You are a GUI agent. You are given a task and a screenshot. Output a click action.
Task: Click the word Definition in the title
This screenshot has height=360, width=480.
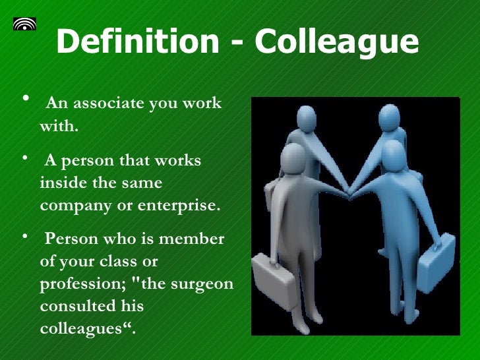pos(136,43)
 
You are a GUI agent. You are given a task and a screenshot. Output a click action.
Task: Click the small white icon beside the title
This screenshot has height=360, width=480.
pos(24,24)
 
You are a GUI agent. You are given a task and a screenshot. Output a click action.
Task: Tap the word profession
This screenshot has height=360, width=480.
pos(82,284)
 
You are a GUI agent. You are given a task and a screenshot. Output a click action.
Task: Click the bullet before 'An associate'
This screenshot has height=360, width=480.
pos(26,99)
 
